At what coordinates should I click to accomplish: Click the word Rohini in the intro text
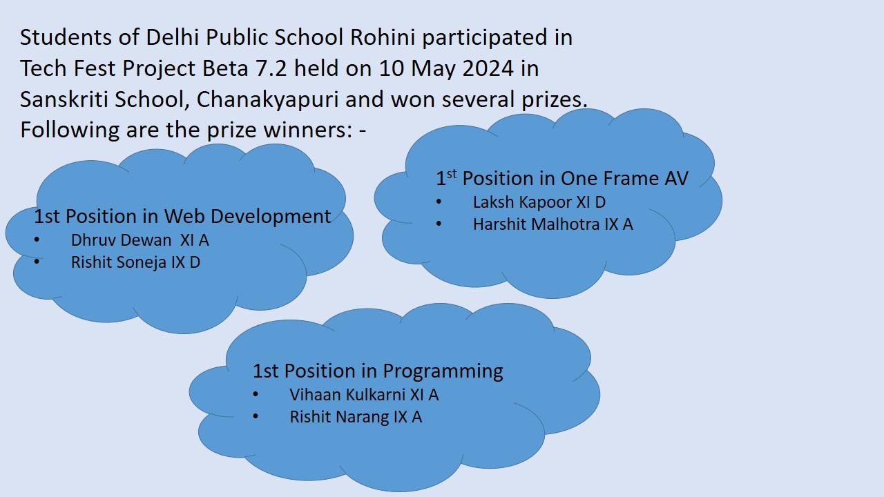(383, 37)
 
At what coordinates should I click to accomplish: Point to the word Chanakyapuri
(267, 99)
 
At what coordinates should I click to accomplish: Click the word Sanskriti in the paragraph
(64, 99)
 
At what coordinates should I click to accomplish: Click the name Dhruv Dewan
(121, 240)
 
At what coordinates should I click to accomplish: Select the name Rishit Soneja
(119, 262)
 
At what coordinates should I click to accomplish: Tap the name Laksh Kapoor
(523, 202)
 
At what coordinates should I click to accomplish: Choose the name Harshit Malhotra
(537, 224)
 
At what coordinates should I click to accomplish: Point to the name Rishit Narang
(339, 417)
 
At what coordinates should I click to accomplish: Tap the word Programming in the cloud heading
(443, 371)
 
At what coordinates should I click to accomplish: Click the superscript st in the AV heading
(452, 173)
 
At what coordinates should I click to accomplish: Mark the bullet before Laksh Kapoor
(439, 202)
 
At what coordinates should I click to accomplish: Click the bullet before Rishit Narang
(256, 416)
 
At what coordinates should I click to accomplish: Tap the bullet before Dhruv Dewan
(37, 240)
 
